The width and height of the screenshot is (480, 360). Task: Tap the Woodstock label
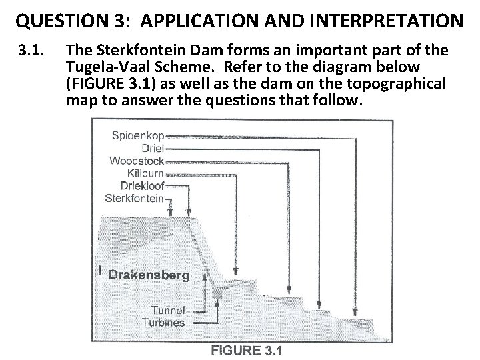(136, 161)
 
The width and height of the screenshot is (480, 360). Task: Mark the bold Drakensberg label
(148, 275)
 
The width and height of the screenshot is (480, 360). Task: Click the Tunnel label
(167, 310)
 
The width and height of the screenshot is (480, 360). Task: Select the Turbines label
(163, 323)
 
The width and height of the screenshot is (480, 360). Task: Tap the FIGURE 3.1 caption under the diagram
(247, 349)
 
